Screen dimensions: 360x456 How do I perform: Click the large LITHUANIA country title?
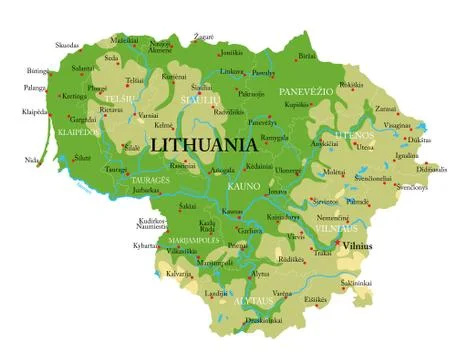(204, 144)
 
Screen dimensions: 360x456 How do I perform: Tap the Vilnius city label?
(357, 244)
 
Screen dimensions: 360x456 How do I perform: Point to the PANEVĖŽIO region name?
(305, 90)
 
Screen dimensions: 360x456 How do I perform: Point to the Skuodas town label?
(67, 45)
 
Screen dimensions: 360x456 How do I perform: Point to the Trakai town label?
(322, 253)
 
